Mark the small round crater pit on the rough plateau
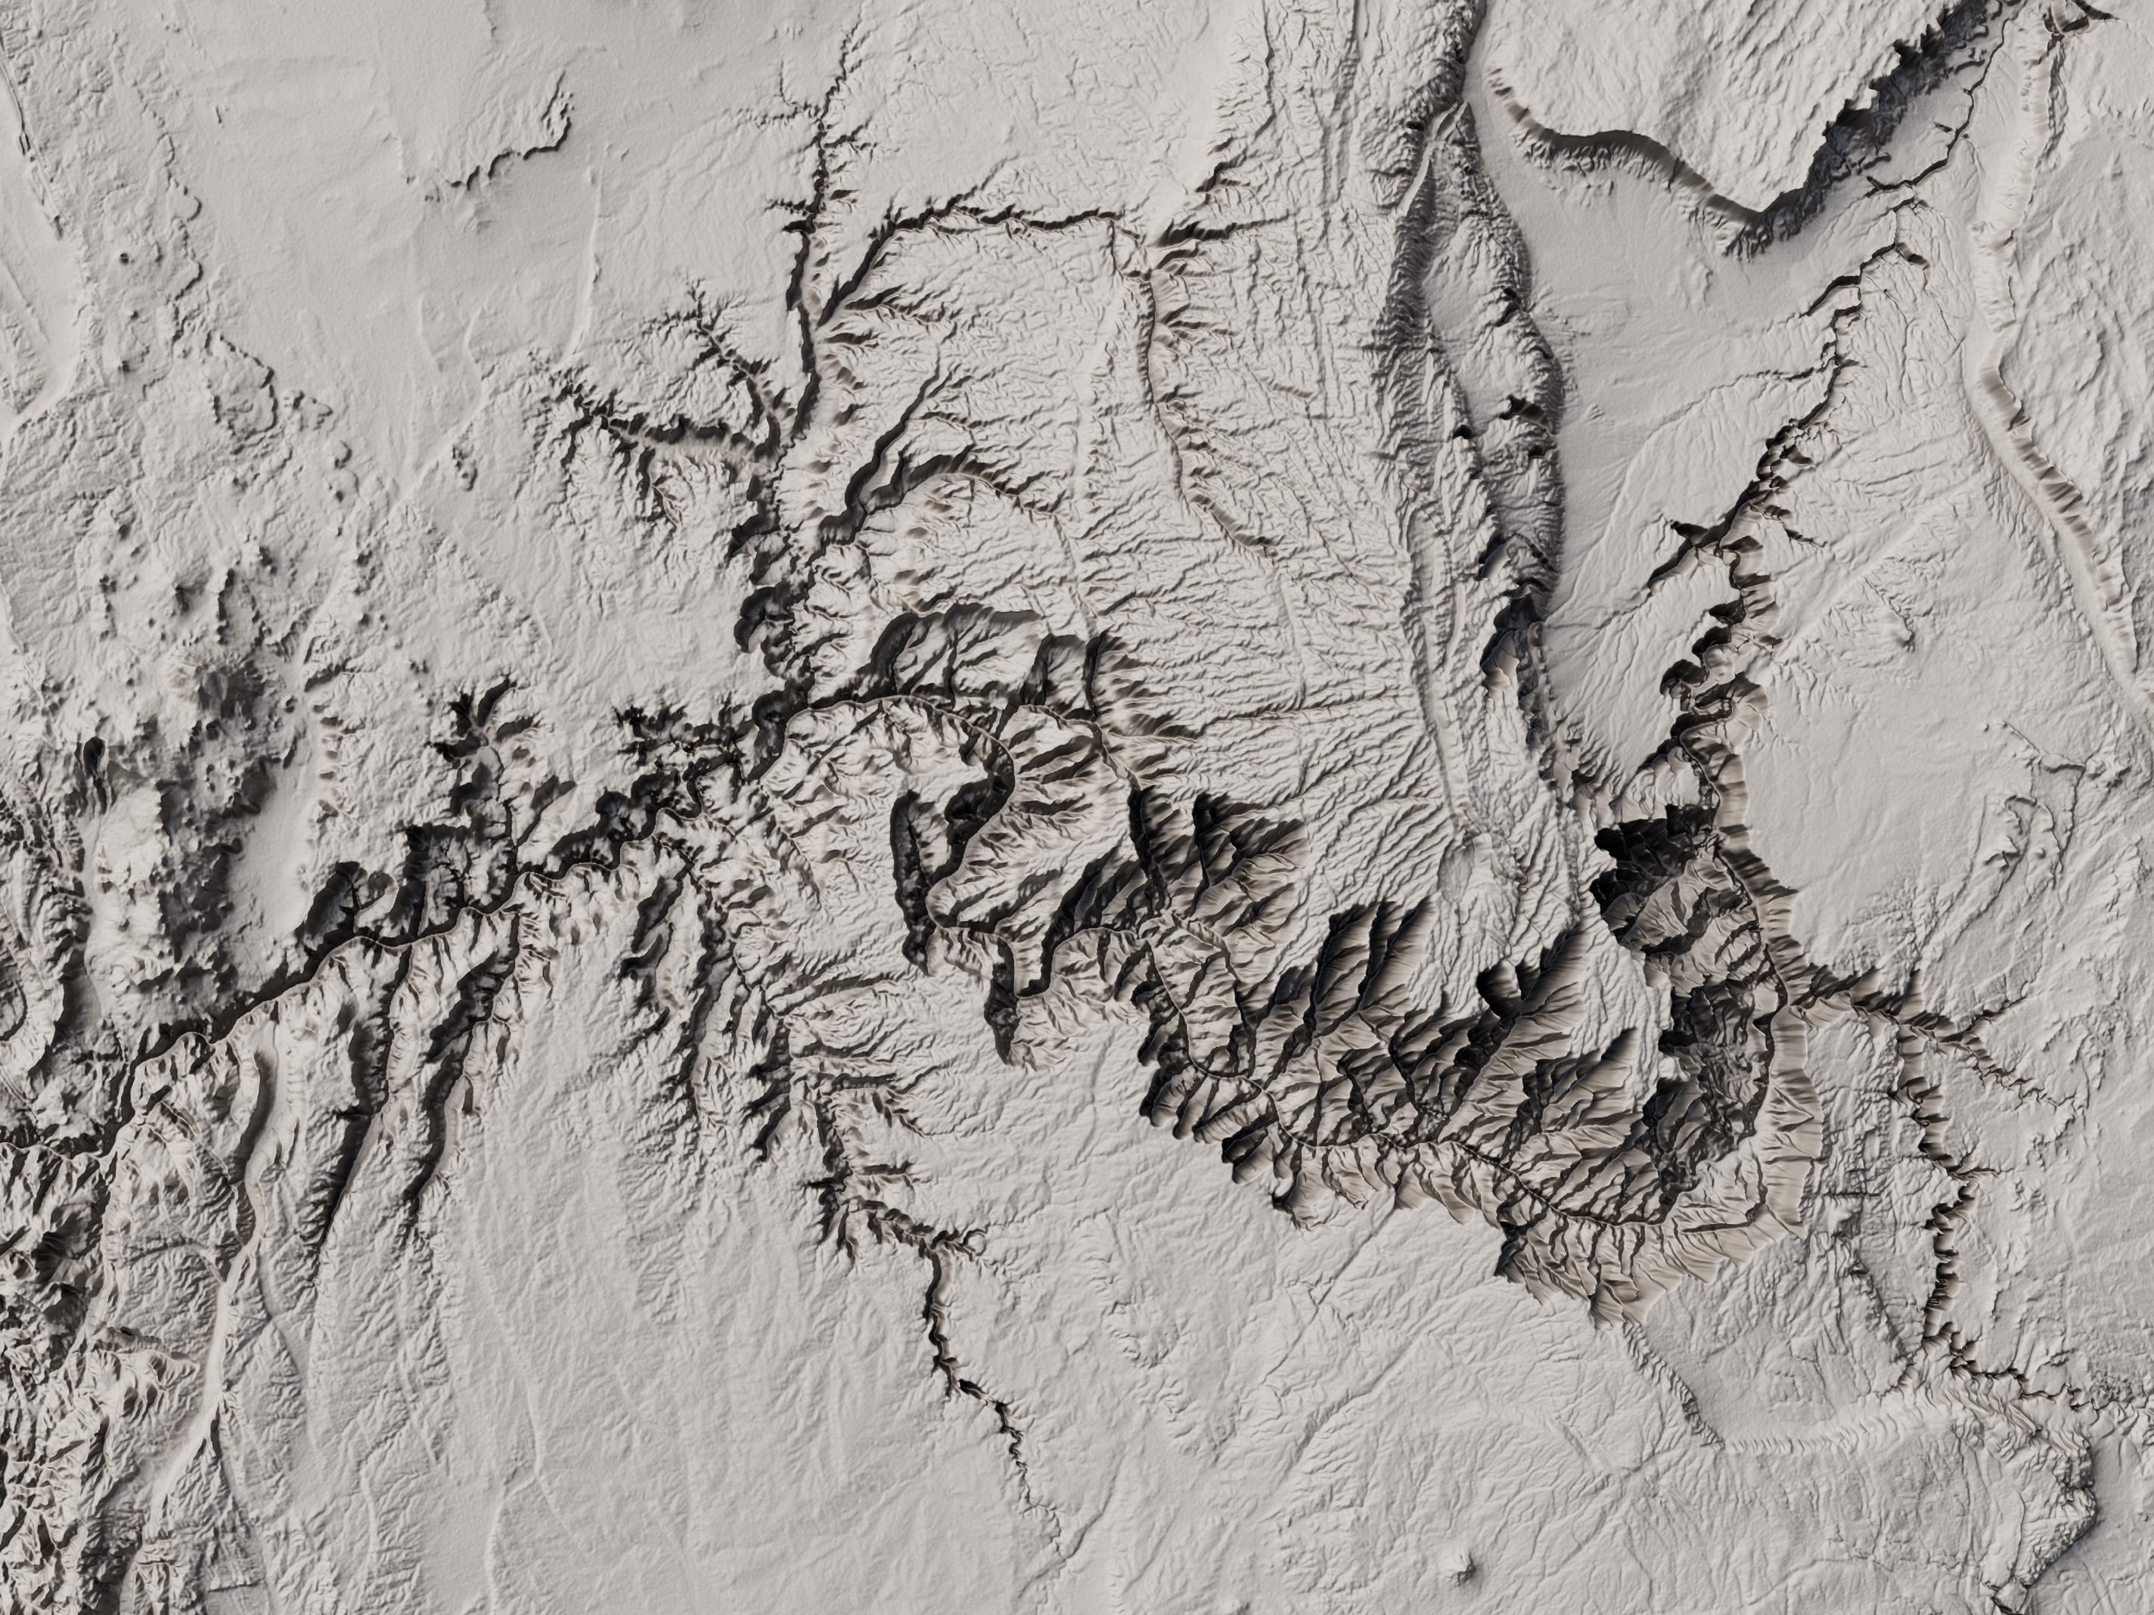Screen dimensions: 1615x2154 (126, 258)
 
